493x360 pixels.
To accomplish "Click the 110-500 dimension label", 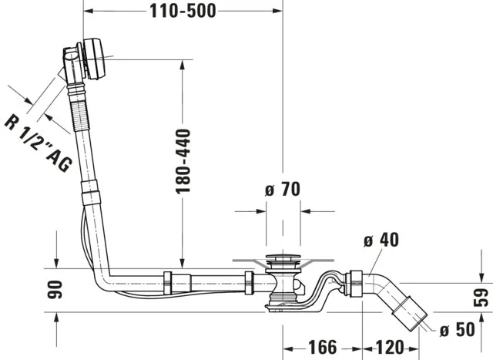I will coord(183,10).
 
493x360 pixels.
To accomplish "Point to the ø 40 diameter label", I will coord(381,240).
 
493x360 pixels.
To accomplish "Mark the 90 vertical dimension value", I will coord(56,290).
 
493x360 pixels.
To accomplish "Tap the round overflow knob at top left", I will coord(96,57).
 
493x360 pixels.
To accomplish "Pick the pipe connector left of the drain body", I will coord(249,282).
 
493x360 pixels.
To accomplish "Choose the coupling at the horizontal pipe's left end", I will coord(169,282).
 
